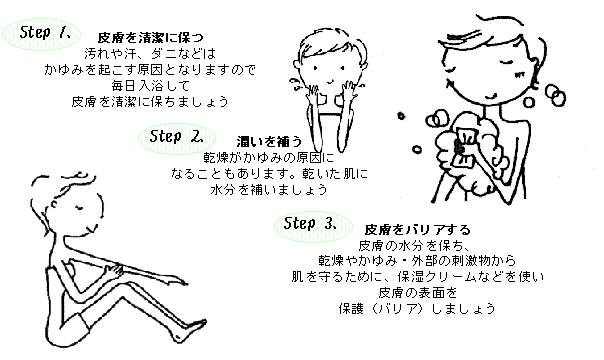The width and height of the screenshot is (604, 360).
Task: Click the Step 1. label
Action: (43, 32)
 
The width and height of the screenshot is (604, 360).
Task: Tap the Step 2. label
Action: (175, 135)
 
